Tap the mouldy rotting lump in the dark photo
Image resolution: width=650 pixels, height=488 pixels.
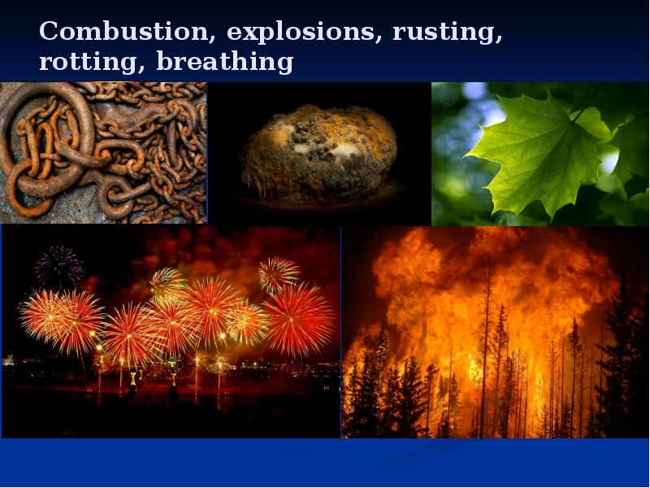click(318, 151)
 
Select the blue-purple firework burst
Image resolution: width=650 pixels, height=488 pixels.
click(59, 266)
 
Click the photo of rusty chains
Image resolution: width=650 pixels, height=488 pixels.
click(103, 153)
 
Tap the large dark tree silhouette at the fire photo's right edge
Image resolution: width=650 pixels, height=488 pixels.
click(626, 358)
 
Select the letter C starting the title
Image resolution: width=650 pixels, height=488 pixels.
click(49, 32)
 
